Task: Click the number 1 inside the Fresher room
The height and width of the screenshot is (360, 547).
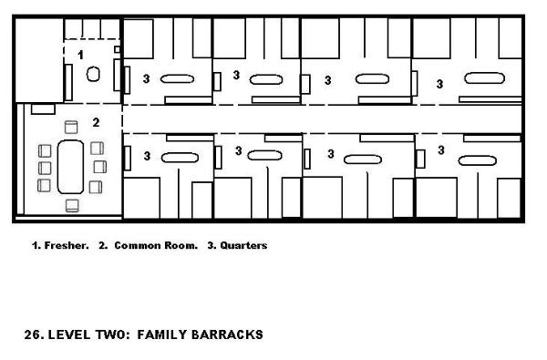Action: pyautogui.click(x=80, y=55)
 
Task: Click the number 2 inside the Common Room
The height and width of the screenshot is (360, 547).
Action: pyautogui.click(x=96, y=122)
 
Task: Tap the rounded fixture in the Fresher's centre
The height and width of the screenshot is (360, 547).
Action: pyautogui.click(x=93, y=74)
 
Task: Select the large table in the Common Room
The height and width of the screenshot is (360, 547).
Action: pyautogui.click(x=70, y=167)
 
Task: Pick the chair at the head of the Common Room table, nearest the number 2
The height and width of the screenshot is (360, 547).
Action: pyautogui.click(x=71, y=127)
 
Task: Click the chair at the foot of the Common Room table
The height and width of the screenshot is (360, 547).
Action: pyautogui.click(x=72, y=205)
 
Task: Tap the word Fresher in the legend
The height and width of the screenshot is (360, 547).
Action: pyautogui.click(x=67, y=245)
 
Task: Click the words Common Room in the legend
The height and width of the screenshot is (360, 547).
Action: pyautogui.click(x=156, y=245)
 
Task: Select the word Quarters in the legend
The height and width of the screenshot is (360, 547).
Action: pyautogui.click(x=243, y=245)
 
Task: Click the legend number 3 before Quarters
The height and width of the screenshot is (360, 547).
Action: pyautogui.click(x=212, y=245)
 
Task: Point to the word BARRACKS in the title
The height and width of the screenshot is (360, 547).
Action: pyautogui.click(x=227, y=334)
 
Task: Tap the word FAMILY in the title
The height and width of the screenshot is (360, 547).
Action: pyautogui.click(x=162, y=334)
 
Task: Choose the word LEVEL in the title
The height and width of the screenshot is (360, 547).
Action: pyautogui.click(x=68, y=334)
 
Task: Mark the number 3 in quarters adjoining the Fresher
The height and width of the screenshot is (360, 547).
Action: pyautogui.click(x=146, y=79)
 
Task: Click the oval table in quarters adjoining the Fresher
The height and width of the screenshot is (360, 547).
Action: pyautogui.click(x=177, y=79)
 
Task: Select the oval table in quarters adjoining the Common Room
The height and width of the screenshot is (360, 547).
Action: pyautogui.click(x=180, y=158)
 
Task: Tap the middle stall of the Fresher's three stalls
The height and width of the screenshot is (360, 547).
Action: pyautogui.click(x=92, y=28)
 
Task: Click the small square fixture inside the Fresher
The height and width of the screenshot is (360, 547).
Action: pyautogui.click(x=118, y=49)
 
